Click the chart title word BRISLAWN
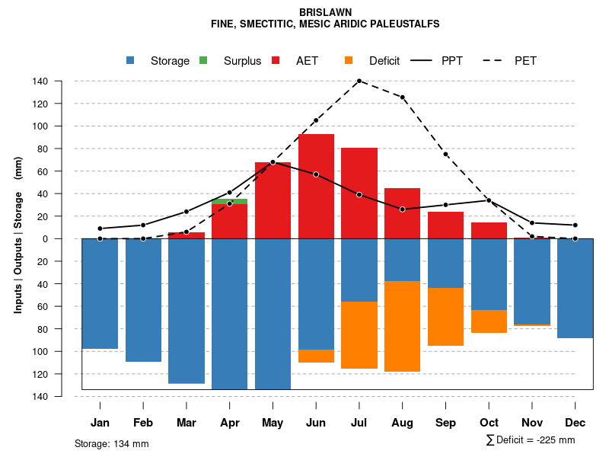[325, 13]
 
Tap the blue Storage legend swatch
[132, 61]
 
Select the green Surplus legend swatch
[203, 61]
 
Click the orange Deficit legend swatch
[349, 61]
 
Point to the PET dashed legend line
[493, 61]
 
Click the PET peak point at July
[359, 81]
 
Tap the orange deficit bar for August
[402, 326]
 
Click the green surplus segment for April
[229, 201]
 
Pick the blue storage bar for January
[100, 293]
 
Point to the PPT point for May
[273, 162]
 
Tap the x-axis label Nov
[532, 423]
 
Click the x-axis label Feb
[143, 423]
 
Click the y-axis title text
[18, 234]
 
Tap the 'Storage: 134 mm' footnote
[111, 443]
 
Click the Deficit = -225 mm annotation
[531, 440]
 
